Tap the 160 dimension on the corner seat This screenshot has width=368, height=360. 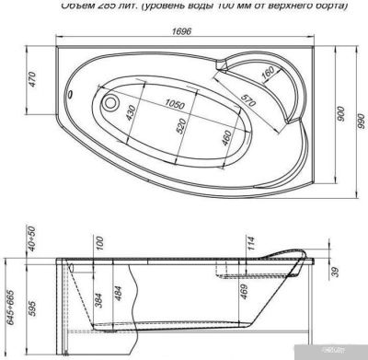(267, 75)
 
